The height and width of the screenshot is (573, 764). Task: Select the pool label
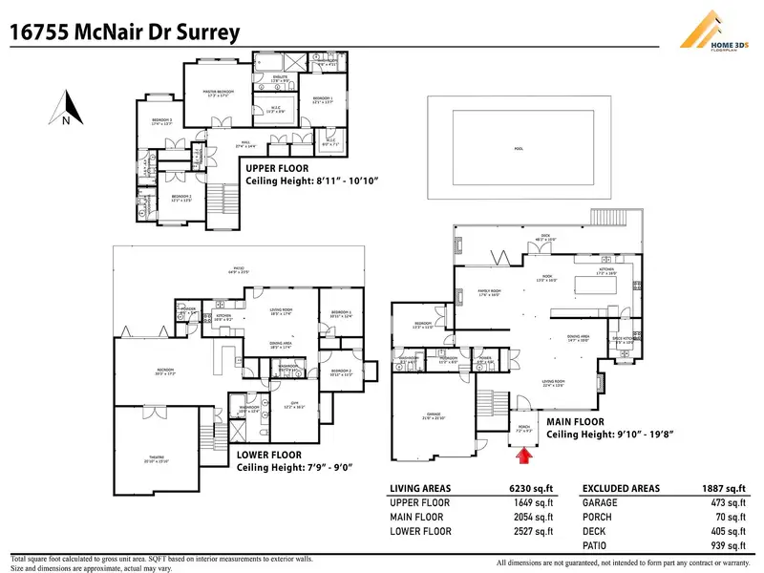pos(519,149)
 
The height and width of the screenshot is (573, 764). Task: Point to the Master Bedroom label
pos(219,94)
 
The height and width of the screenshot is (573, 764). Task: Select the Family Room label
pos(490,292)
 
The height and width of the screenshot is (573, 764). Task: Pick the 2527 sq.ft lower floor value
pos(535,532)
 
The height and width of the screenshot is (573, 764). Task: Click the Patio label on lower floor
pos(239,268)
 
